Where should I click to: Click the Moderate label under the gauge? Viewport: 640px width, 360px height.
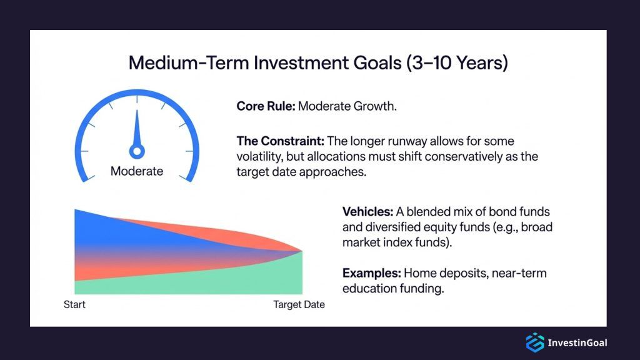[x=137, y=171]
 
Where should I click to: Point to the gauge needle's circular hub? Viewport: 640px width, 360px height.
[x=137, y=151]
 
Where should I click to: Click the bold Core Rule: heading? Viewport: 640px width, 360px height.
[x=265, y=106]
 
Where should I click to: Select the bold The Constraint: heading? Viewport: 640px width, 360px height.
[x=279, y=141]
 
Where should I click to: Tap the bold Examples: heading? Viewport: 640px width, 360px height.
[x=371, y=273]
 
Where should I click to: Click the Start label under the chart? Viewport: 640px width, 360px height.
[x=74, y=305]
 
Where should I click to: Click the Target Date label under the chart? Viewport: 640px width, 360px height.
[x=299, y=305]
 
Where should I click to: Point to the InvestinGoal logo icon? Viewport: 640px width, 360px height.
[x=534, y=342]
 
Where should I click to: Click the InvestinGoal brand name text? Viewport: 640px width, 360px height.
[x=577, y=342]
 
